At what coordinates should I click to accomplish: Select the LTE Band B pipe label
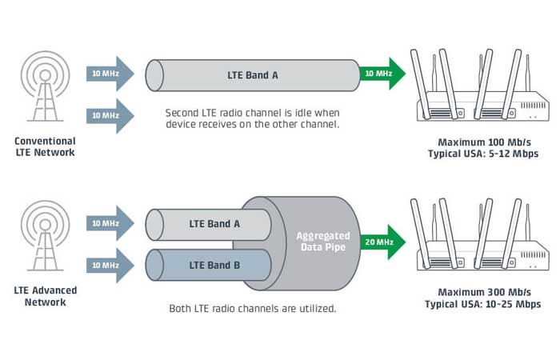214,265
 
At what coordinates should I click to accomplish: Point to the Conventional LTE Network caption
45,146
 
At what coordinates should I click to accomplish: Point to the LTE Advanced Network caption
45,296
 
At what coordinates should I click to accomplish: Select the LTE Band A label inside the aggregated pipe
214,224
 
